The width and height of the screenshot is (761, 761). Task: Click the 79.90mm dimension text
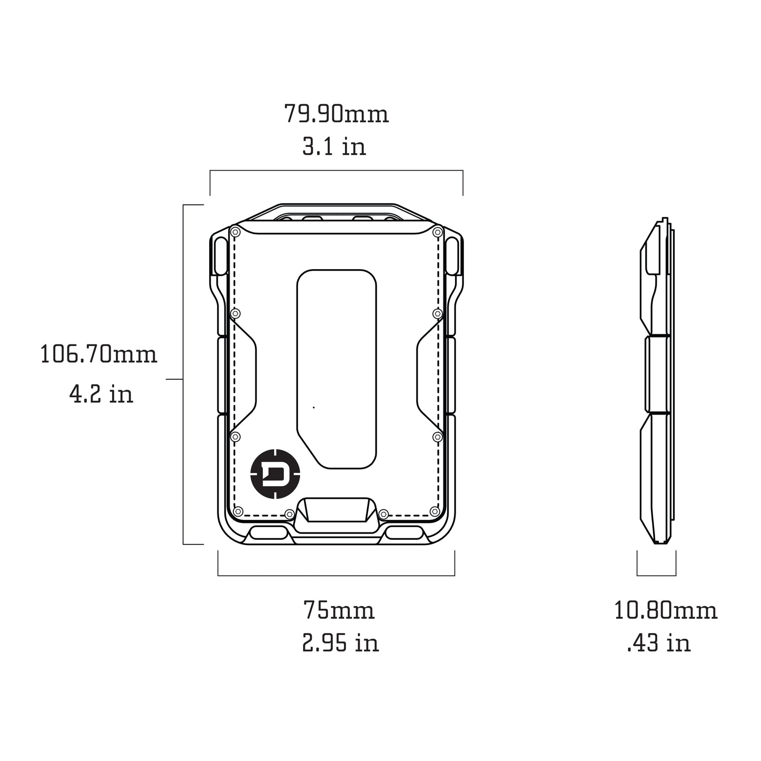[337, 114]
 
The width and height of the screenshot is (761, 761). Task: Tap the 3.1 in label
[334, 146]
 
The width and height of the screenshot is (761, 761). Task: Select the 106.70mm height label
[99, 354]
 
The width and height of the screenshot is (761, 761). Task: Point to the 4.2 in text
[101, 393]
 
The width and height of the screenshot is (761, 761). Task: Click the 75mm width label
[339, 611]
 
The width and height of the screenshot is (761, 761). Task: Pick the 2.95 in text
[340, 643]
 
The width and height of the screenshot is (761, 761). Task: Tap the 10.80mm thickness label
[666, 611]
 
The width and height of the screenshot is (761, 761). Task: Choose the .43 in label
[658, 643]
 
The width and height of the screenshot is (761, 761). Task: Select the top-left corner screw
[235, 232]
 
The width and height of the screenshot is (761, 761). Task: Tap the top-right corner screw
[437, 232]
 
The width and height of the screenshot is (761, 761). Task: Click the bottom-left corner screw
[238, 511]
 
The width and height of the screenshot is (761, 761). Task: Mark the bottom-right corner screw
[434, 511]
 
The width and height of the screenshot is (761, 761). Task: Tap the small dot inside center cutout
[314, 407]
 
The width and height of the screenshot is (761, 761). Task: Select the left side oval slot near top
[222, 255]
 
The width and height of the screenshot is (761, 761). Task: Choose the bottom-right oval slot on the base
[404, 533]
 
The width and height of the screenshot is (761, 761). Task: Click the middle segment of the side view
[657, 374]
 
